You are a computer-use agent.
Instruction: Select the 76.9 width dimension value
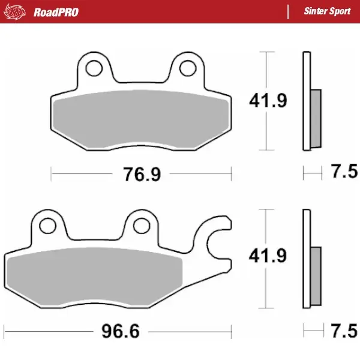[142, 175]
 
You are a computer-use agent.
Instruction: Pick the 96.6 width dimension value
[117, 331]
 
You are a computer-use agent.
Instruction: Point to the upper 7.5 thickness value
[344, 174]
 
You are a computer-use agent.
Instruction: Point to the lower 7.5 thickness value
[344, 331]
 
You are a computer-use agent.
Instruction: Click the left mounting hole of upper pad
[94, 68]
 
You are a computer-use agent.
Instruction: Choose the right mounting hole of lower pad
[141, 225]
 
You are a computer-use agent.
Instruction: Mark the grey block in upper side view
[316, 119]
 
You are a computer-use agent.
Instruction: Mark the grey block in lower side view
[316, 275]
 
